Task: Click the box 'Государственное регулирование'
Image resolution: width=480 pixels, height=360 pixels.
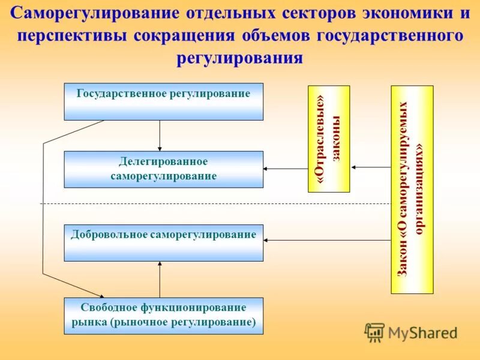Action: tap(163, 101)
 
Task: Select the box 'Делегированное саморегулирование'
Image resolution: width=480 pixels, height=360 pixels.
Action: tap(163, 169)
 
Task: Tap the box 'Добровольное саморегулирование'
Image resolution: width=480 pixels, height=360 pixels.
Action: tap(163, 242)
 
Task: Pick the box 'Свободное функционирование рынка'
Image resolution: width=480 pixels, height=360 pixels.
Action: tap(163, 316)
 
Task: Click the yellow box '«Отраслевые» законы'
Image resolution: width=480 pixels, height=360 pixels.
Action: tap(328, 139)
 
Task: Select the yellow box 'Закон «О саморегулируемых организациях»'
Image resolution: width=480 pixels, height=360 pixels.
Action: tap(412, 190)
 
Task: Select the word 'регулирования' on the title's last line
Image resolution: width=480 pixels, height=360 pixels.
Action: tap(240, 58)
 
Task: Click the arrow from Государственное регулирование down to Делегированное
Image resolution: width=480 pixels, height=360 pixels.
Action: tap(160, 136)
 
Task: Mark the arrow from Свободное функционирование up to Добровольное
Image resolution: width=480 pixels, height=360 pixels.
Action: tap(160, 279)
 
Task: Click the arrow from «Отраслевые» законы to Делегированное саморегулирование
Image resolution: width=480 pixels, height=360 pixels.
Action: tap(286, 169)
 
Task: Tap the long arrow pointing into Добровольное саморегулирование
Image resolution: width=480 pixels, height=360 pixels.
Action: tap(327, 240)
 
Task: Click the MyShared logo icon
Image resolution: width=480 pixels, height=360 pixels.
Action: tap(374, 332)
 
